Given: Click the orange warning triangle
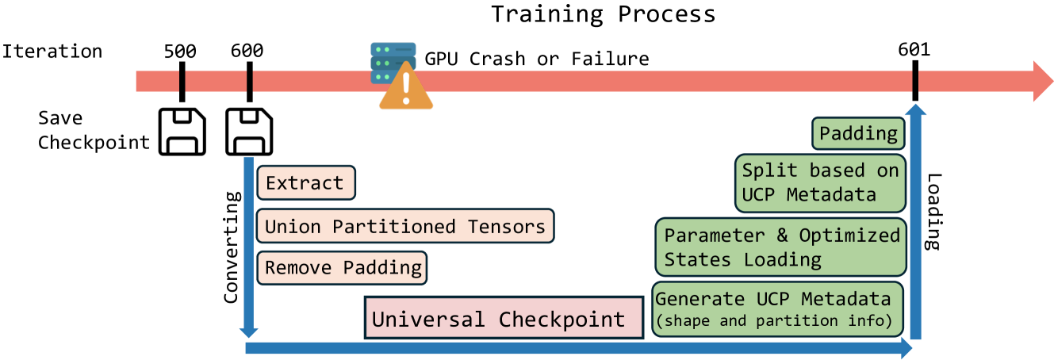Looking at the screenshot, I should [405, 89].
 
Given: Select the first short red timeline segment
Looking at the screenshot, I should [157, 81].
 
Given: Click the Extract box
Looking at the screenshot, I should [305, 183].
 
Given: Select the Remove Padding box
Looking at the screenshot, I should [342, 268].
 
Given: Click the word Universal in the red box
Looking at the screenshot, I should [429, 320].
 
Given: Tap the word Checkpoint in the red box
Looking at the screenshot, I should [561, 320].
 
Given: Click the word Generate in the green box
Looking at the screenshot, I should [699, 299].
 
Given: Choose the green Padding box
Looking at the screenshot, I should [857, 133].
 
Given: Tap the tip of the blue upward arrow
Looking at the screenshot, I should [915, 109].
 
